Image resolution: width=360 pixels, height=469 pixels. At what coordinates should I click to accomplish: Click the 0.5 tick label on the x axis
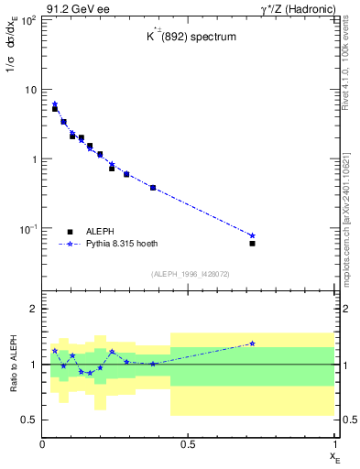click(188, 444)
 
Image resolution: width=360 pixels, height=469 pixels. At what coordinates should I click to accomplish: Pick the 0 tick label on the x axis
click(43, 444)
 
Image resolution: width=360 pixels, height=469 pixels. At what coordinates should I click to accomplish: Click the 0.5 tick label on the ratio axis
click(29, 420)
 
